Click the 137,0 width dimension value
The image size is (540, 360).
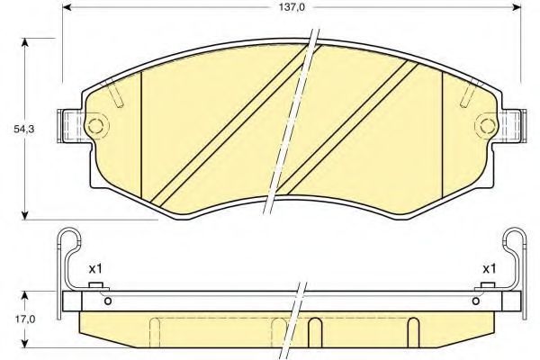coord(292,7)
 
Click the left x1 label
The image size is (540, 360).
coord(95,268)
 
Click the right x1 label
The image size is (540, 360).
coord(489,268)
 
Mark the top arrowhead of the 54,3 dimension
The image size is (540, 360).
coord(24,42)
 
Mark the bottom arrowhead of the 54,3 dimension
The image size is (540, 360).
coord(24,214)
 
